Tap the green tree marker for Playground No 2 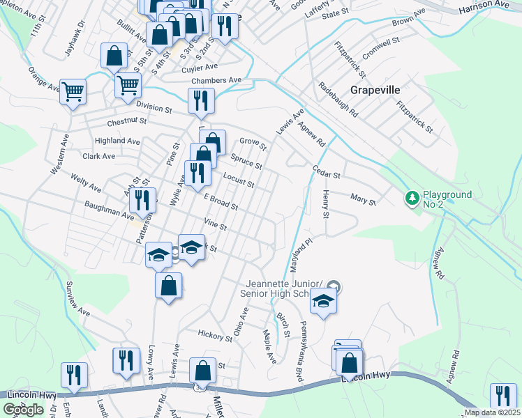(x=412, y=199)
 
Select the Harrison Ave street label (x=484, y=5)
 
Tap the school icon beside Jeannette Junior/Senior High (x=323, y=302)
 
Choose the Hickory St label (x=214, y=336)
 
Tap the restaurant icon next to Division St (x=201, y=101)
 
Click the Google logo (x=22, y=410)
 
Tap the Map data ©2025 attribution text (x=492, y=412)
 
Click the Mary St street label (x=363, y=201)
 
